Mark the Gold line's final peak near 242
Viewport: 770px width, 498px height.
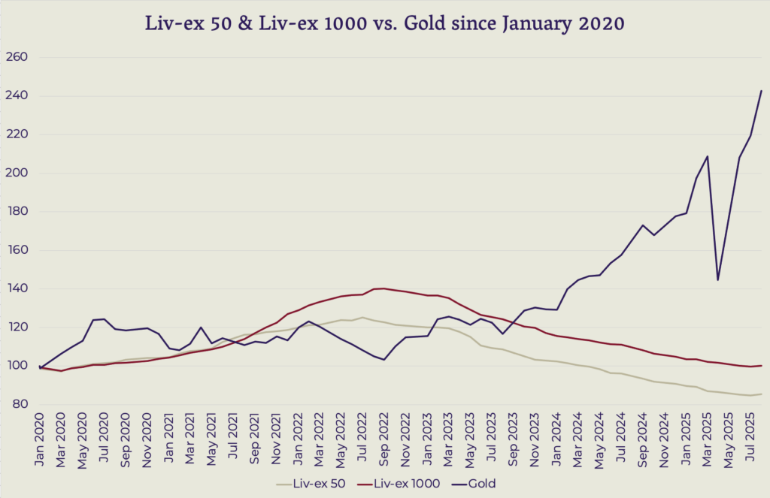tap(762, 91)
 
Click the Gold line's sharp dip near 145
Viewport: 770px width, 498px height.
tap(718, 280)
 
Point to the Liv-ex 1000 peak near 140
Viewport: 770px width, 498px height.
tap(384, 288)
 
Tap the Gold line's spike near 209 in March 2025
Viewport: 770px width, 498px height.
tap(708, 156)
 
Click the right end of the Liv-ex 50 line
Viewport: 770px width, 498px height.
tap(762, 394)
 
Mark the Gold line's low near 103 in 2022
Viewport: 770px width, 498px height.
tap(384, 360)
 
